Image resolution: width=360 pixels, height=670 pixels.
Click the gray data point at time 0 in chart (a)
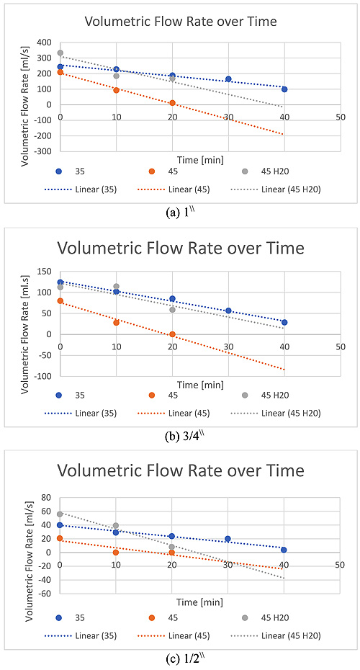(60, 53)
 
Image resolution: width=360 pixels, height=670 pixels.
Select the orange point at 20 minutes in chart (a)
(172, 103)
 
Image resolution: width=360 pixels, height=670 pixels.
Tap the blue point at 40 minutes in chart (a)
(284, 89)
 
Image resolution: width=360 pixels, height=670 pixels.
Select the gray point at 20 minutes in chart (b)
(172, 309)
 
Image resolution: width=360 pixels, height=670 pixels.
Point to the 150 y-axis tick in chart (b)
(45, 272)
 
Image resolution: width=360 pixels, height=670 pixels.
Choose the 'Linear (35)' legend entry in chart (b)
(81, 414)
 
